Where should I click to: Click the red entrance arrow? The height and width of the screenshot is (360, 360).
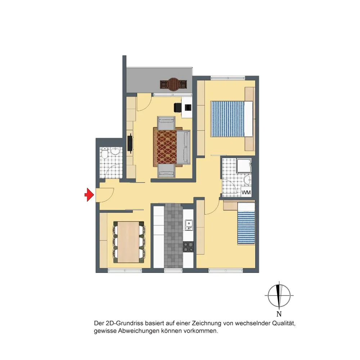tap(89, 195)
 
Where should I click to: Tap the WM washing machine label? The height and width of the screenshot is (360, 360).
tap(246, 192)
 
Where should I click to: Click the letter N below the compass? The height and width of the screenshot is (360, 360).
tap(279, 314)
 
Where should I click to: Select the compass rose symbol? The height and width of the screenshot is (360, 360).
tap(279, 296)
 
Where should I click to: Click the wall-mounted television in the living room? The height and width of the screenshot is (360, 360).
tap(130, 143)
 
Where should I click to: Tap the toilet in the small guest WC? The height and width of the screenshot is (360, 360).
tap(104, 153)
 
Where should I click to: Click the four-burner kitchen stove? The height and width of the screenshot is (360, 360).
tap(188, 247)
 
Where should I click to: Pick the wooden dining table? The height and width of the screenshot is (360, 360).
tap(129, 242)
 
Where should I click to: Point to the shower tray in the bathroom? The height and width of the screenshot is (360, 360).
tap(244, 165)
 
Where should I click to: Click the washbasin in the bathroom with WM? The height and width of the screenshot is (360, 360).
tap(248, 180)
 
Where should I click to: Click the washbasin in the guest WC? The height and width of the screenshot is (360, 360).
tap(114, 151)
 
